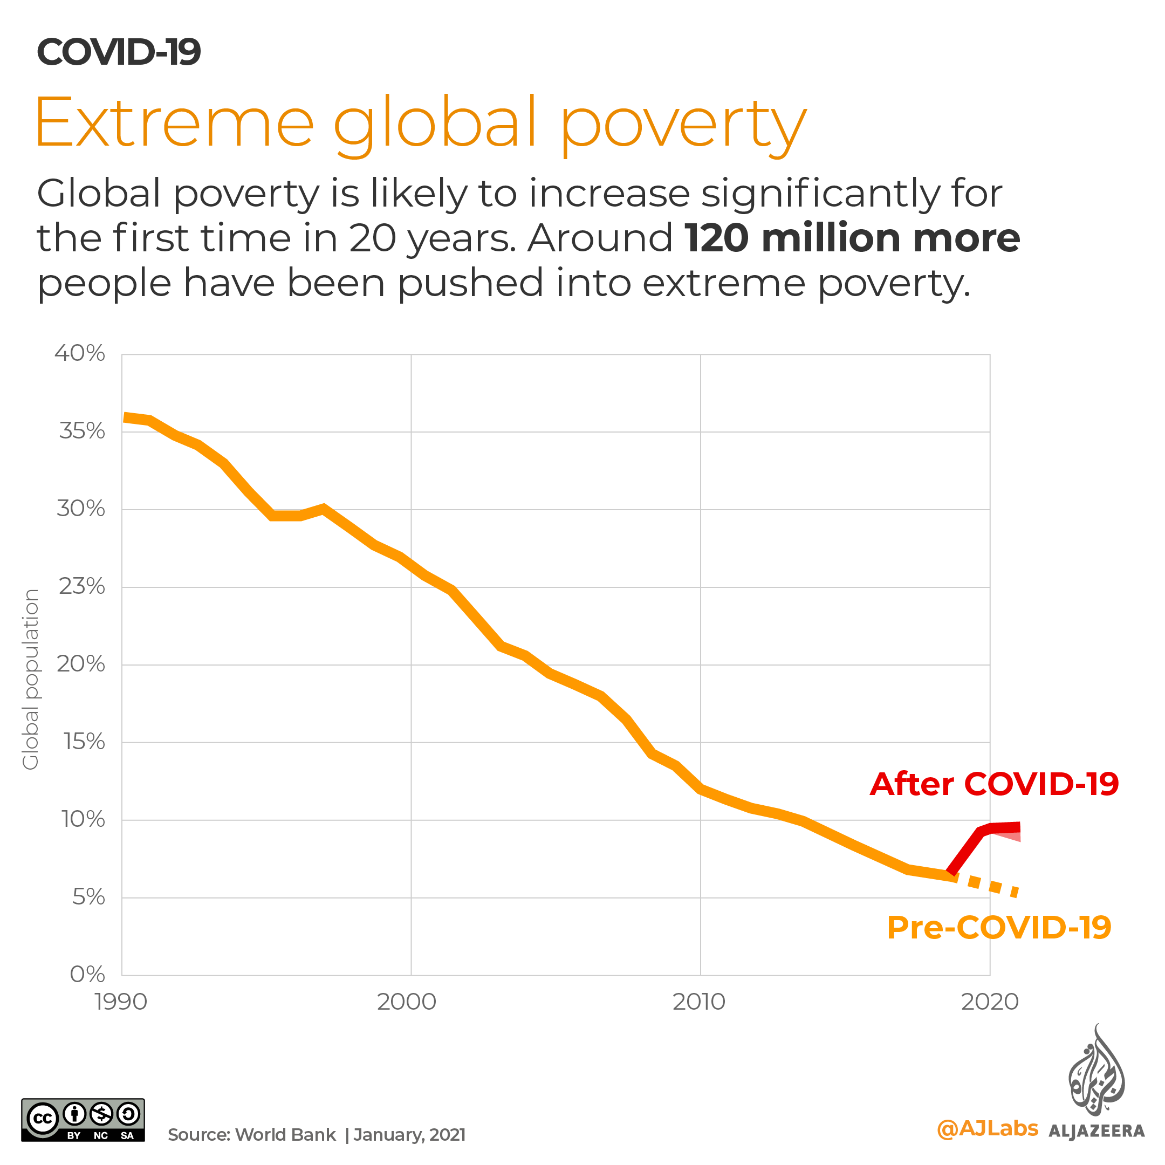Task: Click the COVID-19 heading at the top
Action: pyautogui.click(x=119, y=52)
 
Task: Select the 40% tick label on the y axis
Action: pyautogui.click(x=80, y=353)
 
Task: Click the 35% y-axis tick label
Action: pyautogui.click(x=82, y=431)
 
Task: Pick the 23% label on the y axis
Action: pyautogui.click(x=82, y=586)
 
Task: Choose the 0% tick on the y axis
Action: pyautogui.click(x=87, y=975)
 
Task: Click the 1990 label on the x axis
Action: pyautogui.click(x=121, y=1002)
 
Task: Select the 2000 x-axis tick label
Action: pyautogui.click(x=407, y=1002)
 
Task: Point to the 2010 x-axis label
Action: pyautogui.click(x=699, y=1002)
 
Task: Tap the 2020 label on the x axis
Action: pyautogui.click(x=990, y=1002)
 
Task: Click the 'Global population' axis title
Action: pyautogui.click(x=30, y=680)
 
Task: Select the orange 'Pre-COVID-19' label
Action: pyautogui.click(x=998, y=928)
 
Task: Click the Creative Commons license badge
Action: pyautogui.click(x=83, y=1120)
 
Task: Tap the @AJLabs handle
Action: pyautogui.click(x=987, y=1129)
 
